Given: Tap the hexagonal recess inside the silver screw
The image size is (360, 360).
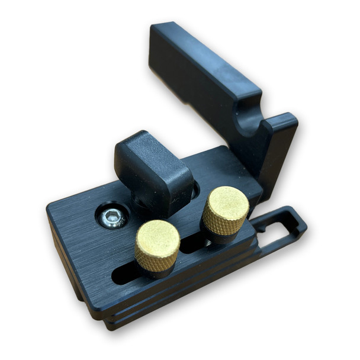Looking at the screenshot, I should click(113, 217).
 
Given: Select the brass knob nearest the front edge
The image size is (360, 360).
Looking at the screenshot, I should click(157, 245).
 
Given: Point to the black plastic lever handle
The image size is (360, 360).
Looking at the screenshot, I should click(153, 172).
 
